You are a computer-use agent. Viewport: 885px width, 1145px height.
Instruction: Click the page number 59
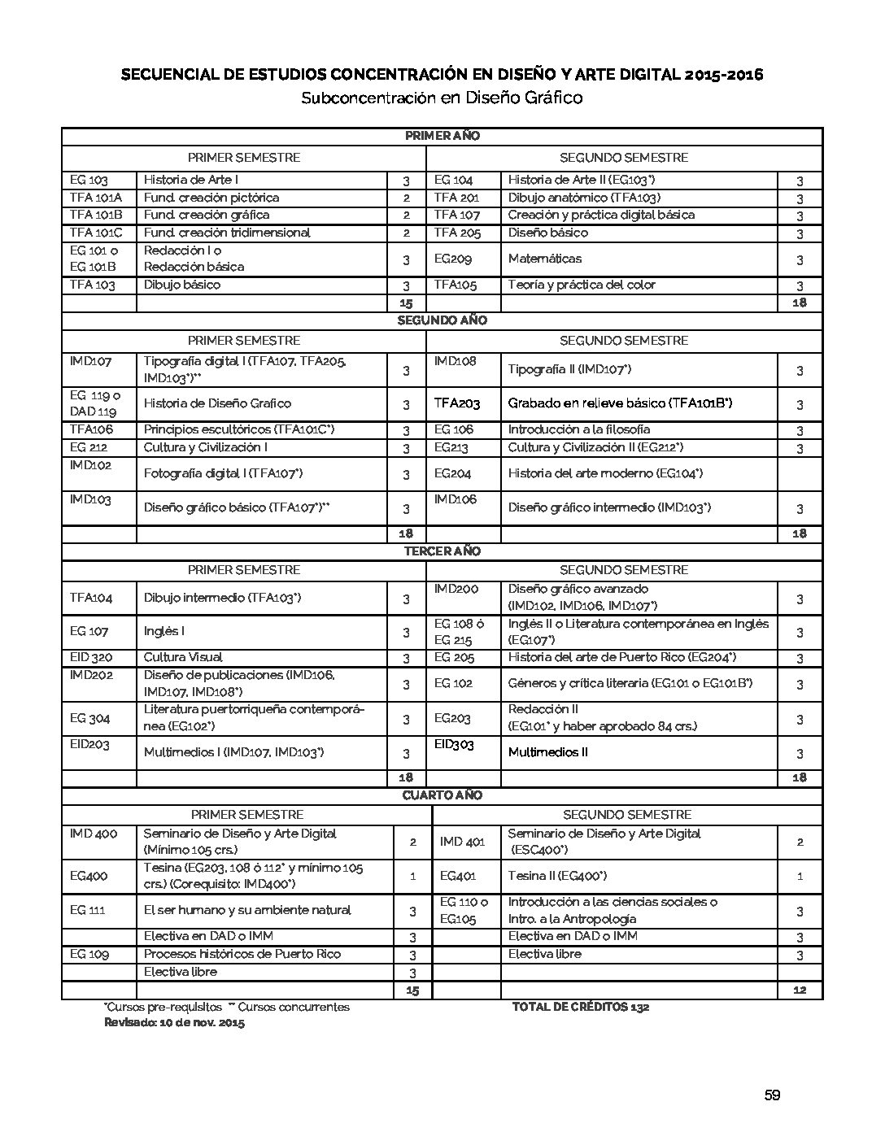click(x=772, y=1095)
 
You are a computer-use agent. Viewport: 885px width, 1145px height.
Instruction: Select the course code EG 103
click(x=89, y=180)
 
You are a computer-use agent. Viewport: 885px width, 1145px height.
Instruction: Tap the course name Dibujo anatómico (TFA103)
click(x=584, y=198)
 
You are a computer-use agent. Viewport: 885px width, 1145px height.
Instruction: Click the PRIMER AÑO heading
click(x=442, y=136)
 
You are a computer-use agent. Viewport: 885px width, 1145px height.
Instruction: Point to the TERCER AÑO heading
click(x=442, y=551)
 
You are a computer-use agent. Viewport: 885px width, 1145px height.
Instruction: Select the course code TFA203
click(x=457, y=403)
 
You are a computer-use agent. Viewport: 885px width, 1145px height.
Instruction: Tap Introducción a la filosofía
click(x=579, y=429)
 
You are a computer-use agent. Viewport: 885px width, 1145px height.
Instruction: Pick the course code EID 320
click(x=91, y=657)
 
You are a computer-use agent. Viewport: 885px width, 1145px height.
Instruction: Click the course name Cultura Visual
click(x=183, y=657)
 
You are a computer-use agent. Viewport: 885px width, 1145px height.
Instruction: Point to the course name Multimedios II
click(x=547, y=752)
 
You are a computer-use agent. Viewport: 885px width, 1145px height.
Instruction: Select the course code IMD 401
click(x=462, y=842)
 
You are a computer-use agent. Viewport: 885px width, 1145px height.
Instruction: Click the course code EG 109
click(x=89, y=954)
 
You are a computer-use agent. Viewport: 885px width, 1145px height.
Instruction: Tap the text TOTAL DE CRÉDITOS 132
click(x=580, y=1007)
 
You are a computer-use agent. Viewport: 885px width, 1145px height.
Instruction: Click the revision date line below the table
click(x=174, y=1023)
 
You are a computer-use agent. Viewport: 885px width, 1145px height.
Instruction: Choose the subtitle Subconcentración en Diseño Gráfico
click(x=442, y=98)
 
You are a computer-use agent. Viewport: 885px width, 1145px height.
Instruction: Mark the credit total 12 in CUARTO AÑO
click(x=799, y=990)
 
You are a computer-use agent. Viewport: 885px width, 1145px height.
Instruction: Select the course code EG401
click(x=458, y=876)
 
